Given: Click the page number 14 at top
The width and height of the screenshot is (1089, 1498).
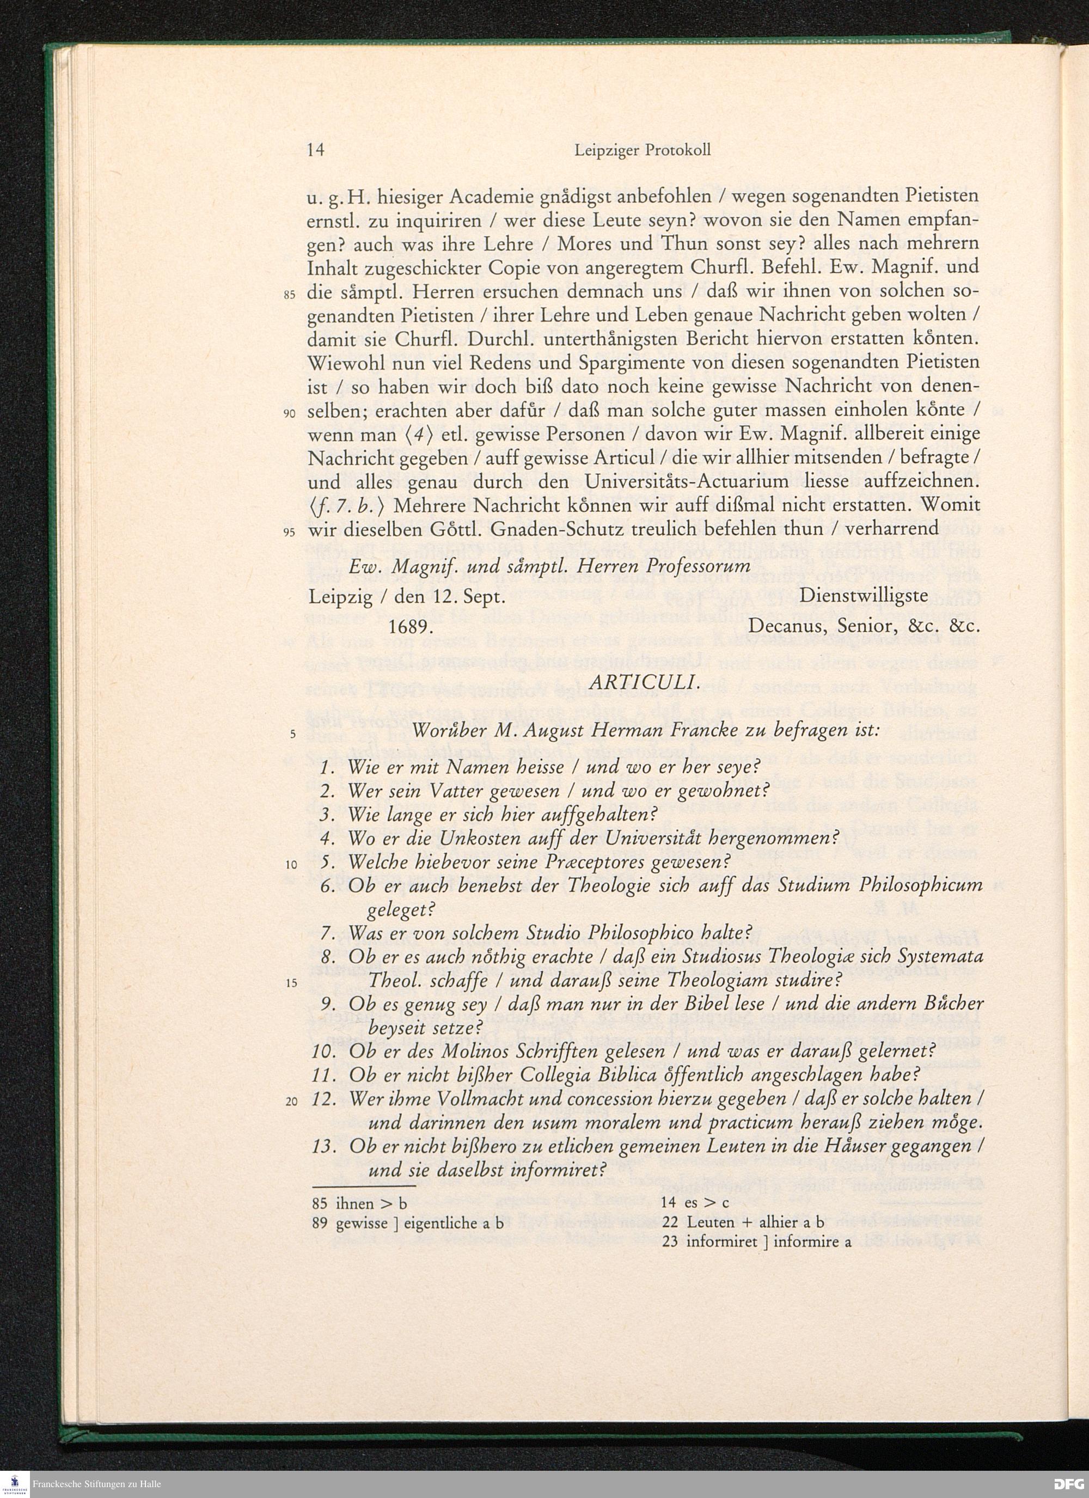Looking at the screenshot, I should pyautogui.click(x=316, y=150).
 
